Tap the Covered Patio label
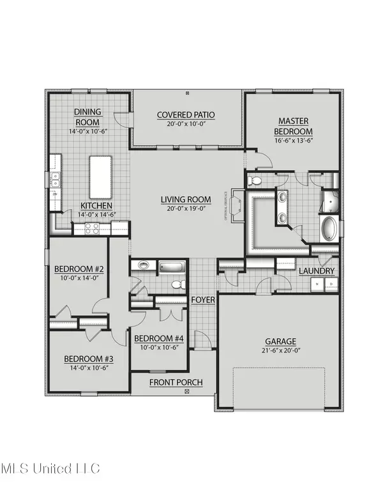tap(186, 116)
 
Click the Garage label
tap(282, 341)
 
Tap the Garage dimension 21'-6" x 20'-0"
tap(282, 351)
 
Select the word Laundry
tap(317, 271)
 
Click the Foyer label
tap(203, 299)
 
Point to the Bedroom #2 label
tap(79, 269)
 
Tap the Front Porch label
tap(176, 382)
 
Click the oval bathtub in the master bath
tap(328, 229)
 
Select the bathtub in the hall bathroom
tap(170, 267)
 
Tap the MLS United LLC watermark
tap(50, 469)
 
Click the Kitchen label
tap(96, 205)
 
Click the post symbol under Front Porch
tap(187, 391)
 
